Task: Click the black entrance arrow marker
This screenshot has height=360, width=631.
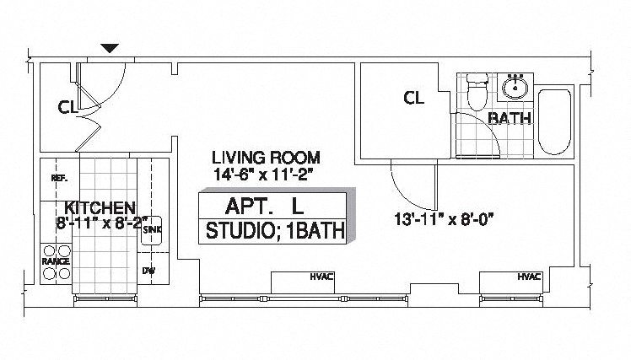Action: point(111,49)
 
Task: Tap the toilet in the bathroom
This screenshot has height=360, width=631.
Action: point(478,92)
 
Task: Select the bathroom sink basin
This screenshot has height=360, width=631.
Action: point(514,86)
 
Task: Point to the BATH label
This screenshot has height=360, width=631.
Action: point(510,118)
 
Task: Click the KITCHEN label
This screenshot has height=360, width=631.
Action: point(100,207)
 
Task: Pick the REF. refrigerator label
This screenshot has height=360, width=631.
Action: point(59,179)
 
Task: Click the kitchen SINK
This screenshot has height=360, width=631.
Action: point(152,229)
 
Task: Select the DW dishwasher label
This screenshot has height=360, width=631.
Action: point(149,271)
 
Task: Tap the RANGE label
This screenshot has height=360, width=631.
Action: point(56,262)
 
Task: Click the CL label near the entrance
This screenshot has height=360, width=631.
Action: point(68,107)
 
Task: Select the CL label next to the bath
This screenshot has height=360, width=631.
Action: point(413,99)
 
